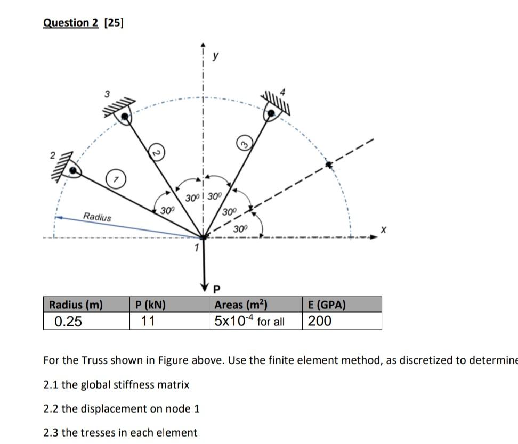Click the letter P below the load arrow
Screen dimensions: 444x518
216,290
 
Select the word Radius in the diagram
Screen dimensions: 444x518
98,217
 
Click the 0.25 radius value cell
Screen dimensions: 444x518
68,321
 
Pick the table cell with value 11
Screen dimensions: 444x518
147,321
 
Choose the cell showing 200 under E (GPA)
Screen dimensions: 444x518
319,321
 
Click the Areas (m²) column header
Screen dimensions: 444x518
240,305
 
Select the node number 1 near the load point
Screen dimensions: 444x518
196,248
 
